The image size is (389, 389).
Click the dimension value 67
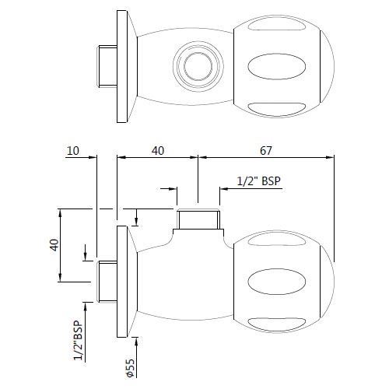tap(266, 151)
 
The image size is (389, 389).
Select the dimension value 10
tap(73, 151)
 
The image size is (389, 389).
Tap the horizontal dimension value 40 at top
tap(158, 151)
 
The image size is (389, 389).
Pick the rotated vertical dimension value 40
tap(54, 245)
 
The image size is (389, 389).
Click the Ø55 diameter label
tap(130, 368)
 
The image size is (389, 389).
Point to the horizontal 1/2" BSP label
tap(259, 180)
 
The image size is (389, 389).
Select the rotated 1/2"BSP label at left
tap(79, 341)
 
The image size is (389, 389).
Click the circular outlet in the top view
tap(198, 66)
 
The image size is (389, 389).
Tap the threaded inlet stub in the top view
tap(107, 66)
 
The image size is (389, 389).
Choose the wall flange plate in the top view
tap(122, 66)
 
